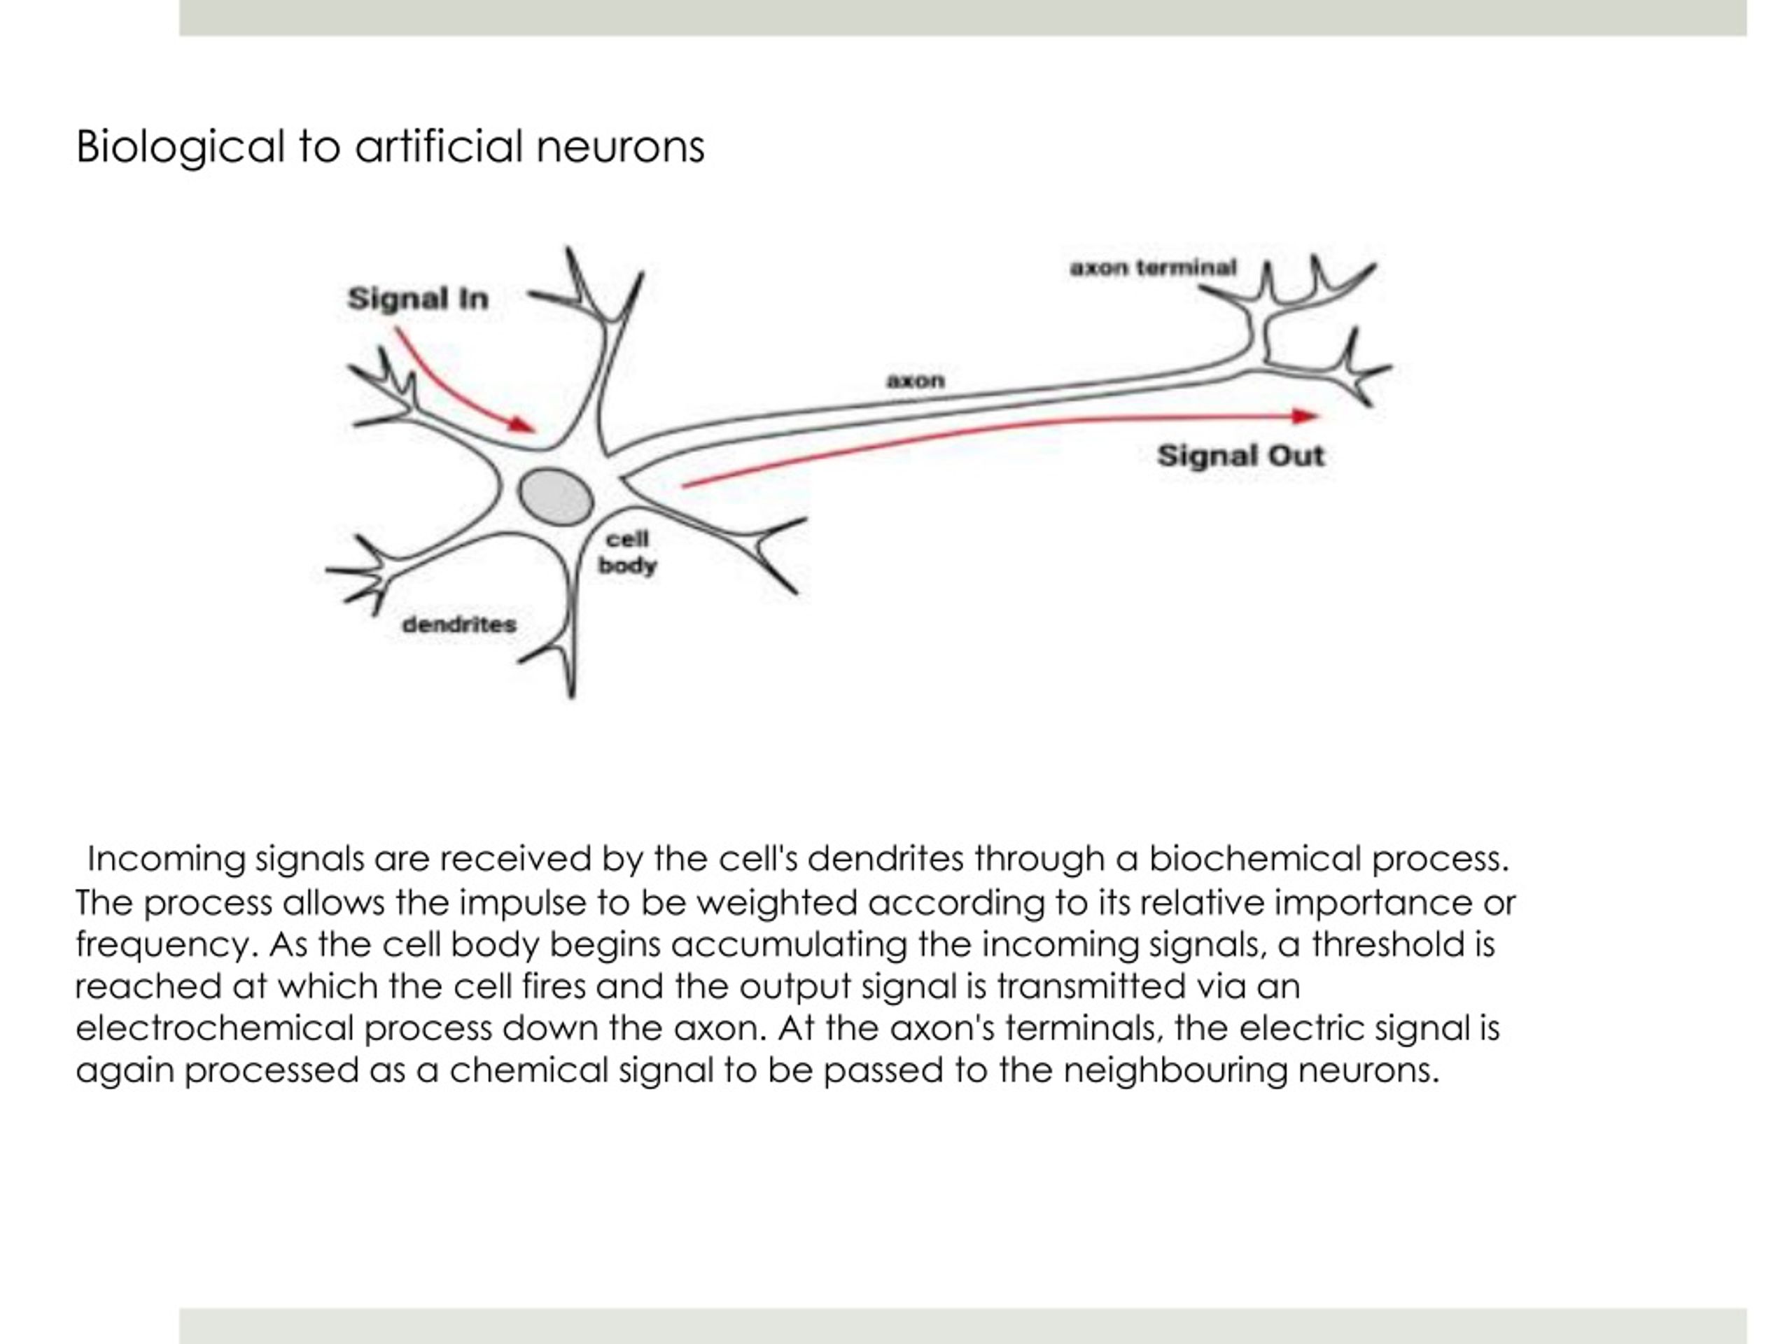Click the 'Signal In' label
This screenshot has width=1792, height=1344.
418,299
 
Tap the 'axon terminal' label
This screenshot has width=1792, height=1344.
1153,267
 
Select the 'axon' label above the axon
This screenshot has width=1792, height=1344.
916,381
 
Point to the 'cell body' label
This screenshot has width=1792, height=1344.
627,552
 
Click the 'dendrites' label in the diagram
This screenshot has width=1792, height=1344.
459,624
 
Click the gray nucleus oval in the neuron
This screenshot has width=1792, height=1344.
556,496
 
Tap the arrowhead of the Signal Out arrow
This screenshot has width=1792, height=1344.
1305,416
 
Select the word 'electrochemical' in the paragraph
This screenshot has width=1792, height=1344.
215,1028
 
